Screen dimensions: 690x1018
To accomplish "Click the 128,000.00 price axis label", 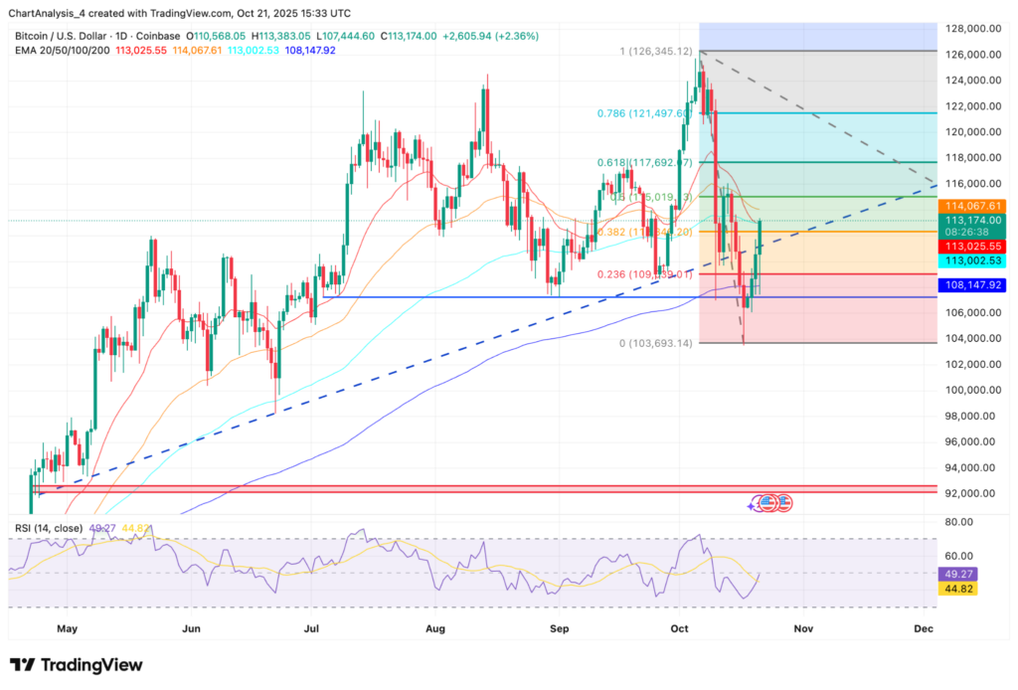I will (x=971, y=29).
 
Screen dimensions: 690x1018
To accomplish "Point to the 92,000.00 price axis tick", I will (x=971, y=493).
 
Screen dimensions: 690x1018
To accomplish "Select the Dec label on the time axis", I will (x=924, y=628).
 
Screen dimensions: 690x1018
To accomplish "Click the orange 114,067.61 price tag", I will (x=973, y=205).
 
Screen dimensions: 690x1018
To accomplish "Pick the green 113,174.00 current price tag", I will (x=973, y=221).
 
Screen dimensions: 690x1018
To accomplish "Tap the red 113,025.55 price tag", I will (x=973, y=246).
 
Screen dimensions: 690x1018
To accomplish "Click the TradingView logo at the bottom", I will (x=77, y=665).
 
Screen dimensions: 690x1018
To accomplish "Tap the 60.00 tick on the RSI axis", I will (x=958, y=556).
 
